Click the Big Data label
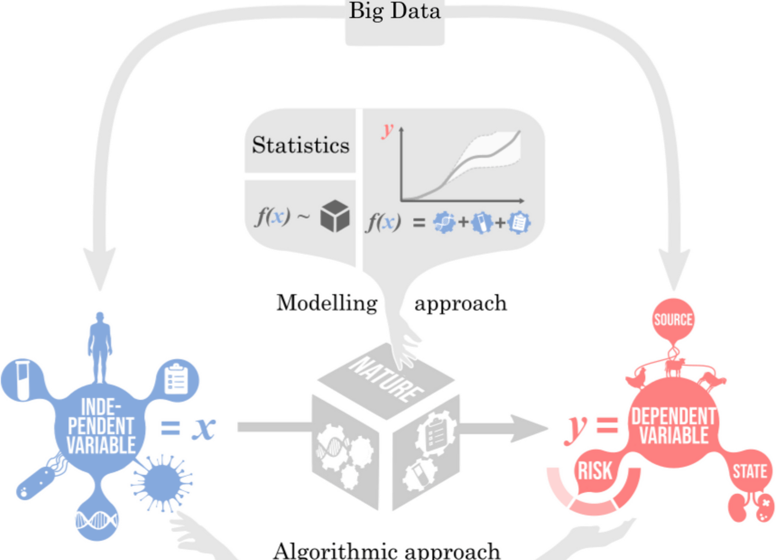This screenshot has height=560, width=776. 395,11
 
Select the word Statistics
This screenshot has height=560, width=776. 301,145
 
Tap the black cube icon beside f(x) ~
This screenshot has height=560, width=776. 335,216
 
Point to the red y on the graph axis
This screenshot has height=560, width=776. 387,130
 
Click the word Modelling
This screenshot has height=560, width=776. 327,303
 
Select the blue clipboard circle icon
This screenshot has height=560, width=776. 177,378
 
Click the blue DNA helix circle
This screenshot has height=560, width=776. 97,520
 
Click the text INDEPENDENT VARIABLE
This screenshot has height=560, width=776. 101,427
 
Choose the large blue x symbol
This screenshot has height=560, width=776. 203,428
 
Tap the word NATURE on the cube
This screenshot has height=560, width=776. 386,377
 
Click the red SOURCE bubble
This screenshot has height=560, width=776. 673,319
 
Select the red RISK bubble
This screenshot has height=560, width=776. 595,471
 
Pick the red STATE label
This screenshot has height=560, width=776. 749,471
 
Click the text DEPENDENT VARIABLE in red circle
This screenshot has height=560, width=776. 673,425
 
